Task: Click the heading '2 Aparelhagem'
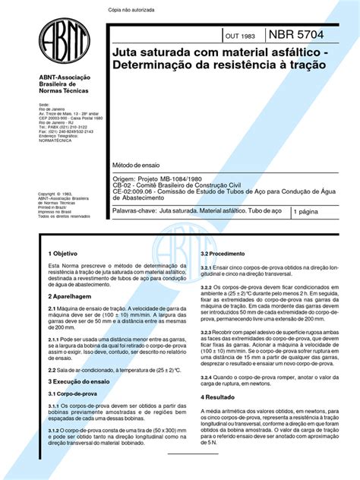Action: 68,300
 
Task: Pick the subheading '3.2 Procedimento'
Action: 222,253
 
